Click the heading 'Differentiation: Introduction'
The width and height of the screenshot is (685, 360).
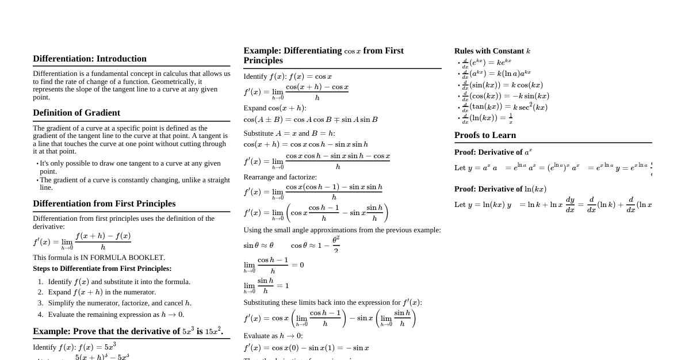pyautogui.click(x=90, y=59)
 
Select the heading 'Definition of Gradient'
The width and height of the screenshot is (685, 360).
pyautogui.click(x=76, y=113)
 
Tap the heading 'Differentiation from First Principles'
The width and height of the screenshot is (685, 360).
pyautogui.click(x=104, y=204)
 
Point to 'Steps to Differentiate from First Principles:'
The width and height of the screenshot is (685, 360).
pyautogui.click(x=102, y=269)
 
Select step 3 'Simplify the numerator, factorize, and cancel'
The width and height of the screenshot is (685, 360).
pyautogui.click(x=120, y=303)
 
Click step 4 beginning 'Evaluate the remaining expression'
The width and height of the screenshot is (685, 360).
pyautogui.click(x=116, y=315)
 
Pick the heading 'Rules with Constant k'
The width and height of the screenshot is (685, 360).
pyautogui.click(x=492, y=51)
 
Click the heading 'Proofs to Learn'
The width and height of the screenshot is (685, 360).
pyautogui.click(x=485, y=135)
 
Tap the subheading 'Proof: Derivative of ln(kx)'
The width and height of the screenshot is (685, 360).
pyautogui.click(x=500, y=189)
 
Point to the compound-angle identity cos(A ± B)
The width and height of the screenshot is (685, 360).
pyautogui.click(x=311, y=120)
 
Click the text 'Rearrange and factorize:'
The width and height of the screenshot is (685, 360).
pyautogui.click(x=280, y=177)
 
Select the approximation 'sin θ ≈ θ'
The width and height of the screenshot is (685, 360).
pyautogui.click(x=258, y=246)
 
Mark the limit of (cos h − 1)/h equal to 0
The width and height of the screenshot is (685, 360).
pyautogui.click(x=274, y=265)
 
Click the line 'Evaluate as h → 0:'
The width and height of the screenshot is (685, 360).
pyautogui.click(x=273, y=336)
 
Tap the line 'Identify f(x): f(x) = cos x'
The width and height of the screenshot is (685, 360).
pyautogui.click(x=288, y=76)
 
